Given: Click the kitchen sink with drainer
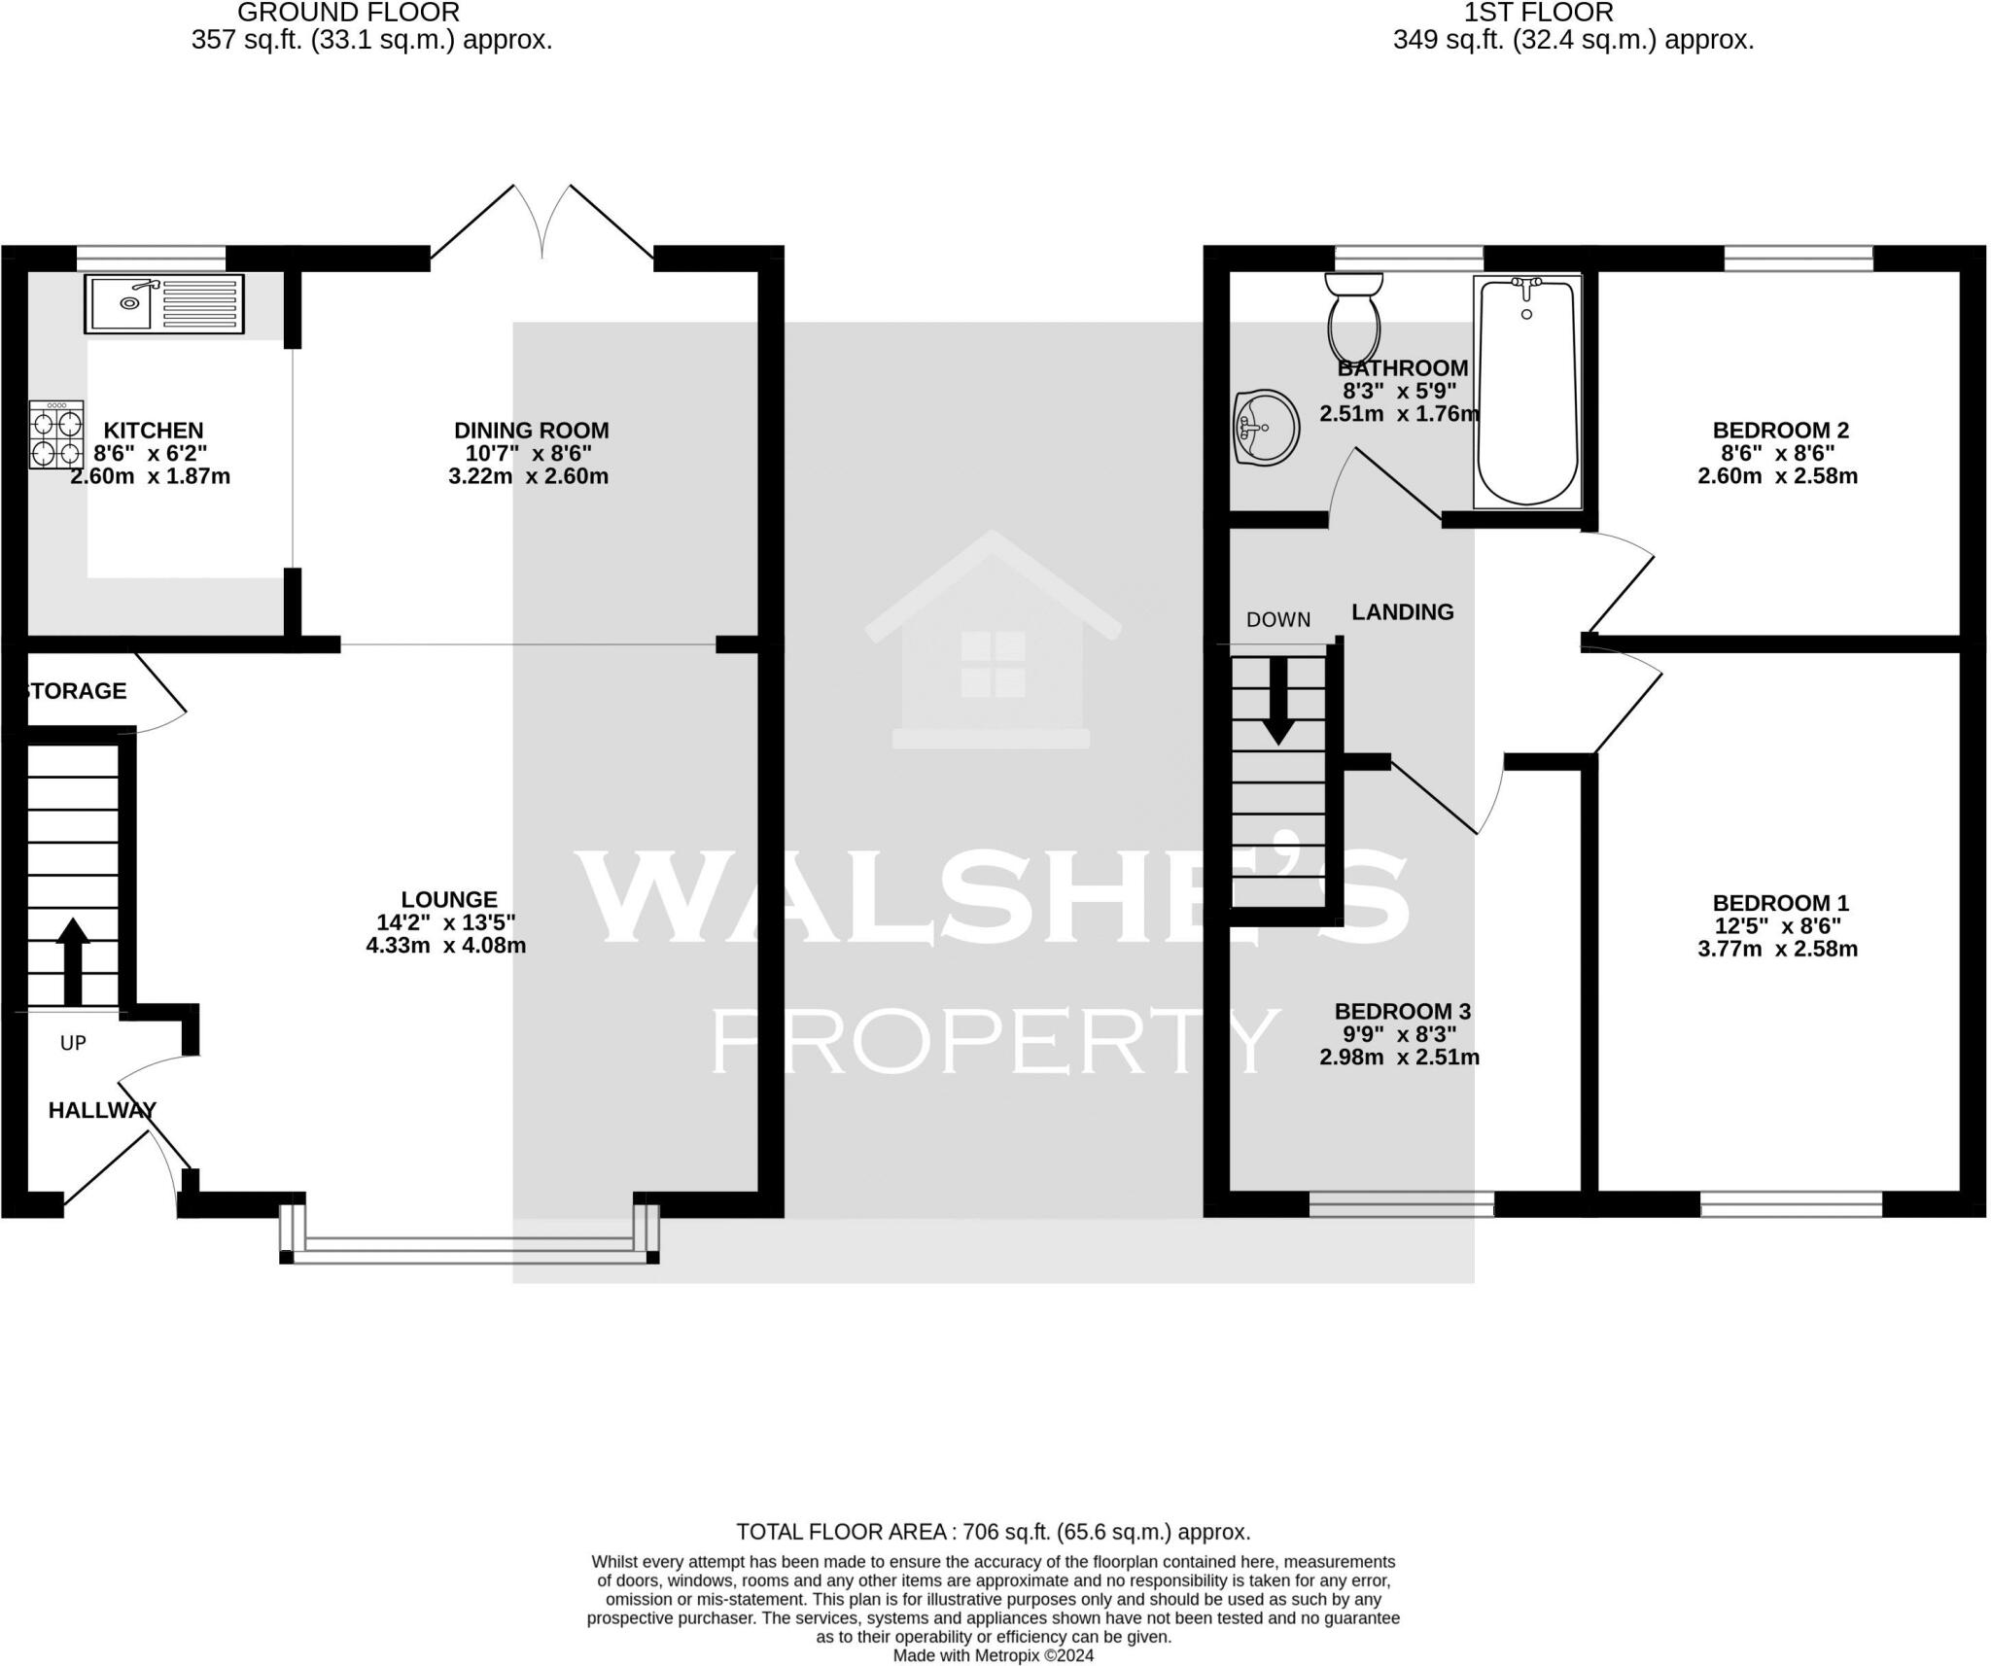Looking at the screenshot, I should click(164, 303).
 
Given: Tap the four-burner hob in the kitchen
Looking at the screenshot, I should click(55, 434).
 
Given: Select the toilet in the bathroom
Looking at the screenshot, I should click(1353, 317).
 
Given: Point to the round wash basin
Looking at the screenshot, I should click(1266, 427).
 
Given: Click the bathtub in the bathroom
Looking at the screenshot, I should click(1526, 391).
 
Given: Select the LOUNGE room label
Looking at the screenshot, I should click(449, 900).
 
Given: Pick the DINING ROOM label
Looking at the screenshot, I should click(531, 430).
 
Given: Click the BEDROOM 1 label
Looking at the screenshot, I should click(1780, 902).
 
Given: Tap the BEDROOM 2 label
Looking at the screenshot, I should click(1780, 430).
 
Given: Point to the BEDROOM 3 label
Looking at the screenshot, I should click(1402, 1011).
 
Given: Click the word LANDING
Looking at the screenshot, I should click(1402, 611).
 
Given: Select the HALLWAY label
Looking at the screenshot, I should click(102, 1110).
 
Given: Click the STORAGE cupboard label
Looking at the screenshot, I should click(76, 691).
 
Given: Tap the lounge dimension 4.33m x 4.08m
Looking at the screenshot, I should click(446, 945).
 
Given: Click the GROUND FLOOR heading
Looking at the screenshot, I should click(348, 14).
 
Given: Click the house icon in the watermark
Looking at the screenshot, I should click(993, 642).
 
